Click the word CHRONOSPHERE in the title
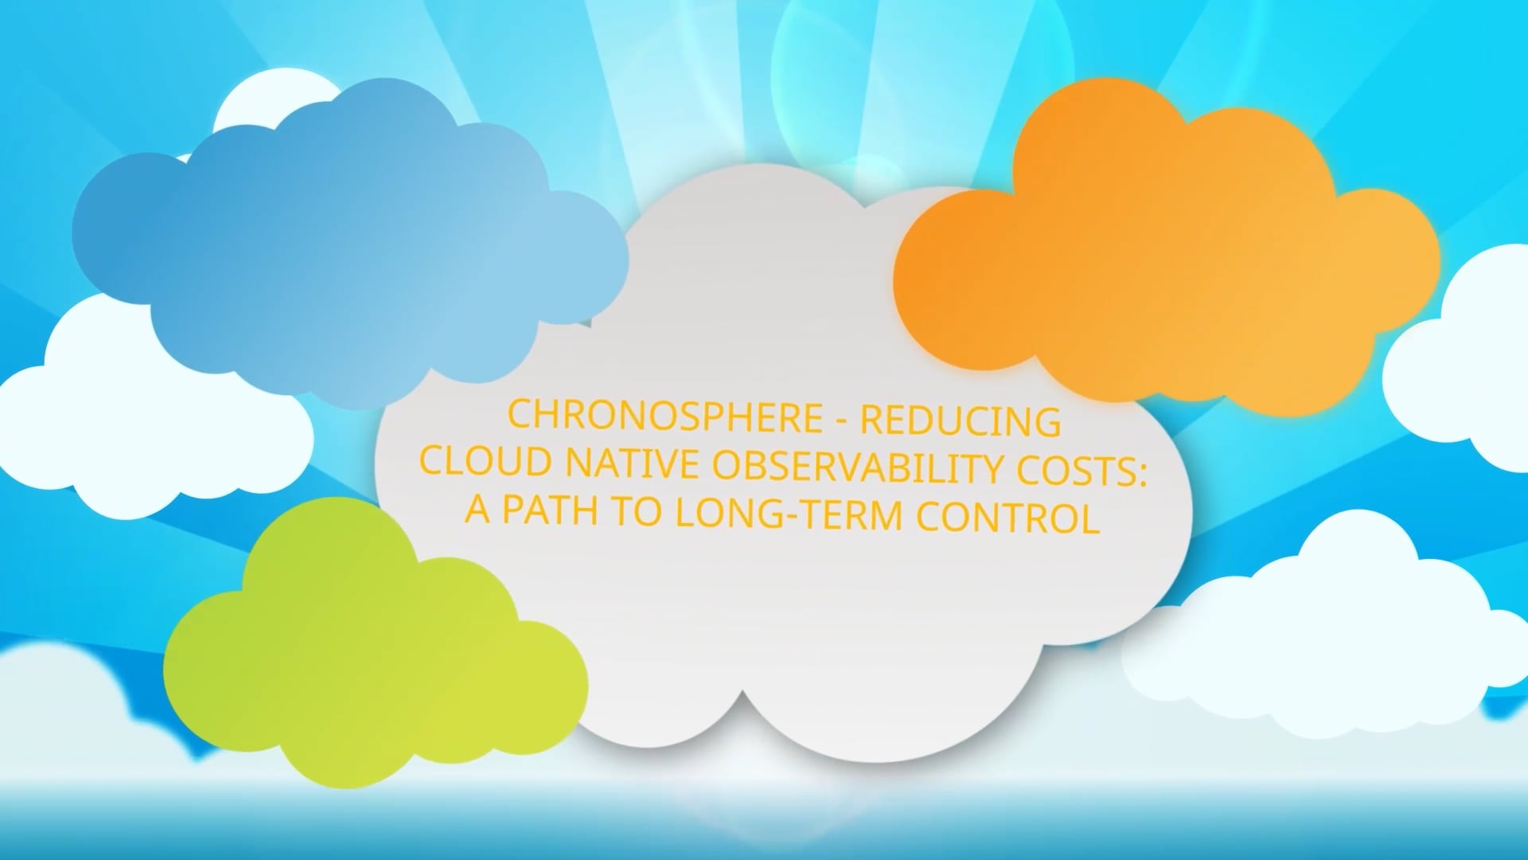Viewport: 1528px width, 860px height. point(665,416)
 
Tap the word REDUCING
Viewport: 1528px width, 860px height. point(961,421)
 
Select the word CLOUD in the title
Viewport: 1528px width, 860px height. point(485,461)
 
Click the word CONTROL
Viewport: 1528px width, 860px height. point(1008,518)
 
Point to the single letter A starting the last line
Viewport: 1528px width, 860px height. point(477,509)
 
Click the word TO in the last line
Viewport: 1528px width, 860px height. point(635,511)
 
